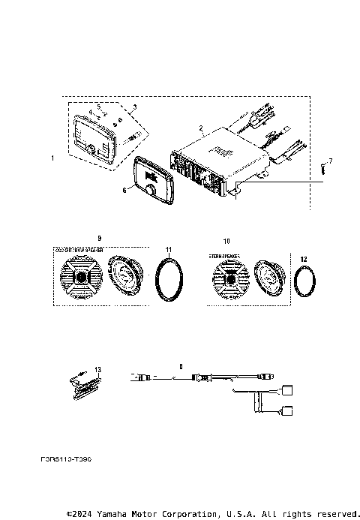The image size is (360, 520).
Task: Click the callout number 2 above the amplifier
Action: (x=201, y=128)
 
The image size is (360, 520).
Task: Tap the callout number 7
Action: (x=330, y=161)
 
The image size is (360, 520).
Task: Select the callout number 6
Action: (x=125, y=191)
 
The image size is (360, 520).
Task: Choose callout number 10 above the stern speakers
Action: (x=226, y=241)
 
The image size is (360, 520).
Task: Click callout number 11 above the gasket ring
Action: (x=169, y=248)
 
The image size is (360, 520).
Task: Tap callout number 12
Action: (x=304, y=259)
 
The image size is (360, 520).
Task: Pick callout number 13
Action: (x=97, y=370)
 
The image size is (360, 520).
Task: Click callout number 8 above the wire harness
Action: (x=181, y=367)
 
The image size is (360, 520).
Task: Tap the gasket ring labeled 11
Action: (x=169, y=279)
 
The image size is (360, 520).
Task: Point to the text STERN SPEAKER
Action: (x=224, y=256)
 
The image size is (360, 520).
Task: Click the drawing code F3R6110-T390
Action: (x=67, y=455)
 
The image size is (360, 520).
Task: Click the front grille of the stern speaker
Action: (x=228, y=284)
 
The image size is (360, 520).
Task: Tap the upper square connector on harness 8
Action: (x=286, y=389)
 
